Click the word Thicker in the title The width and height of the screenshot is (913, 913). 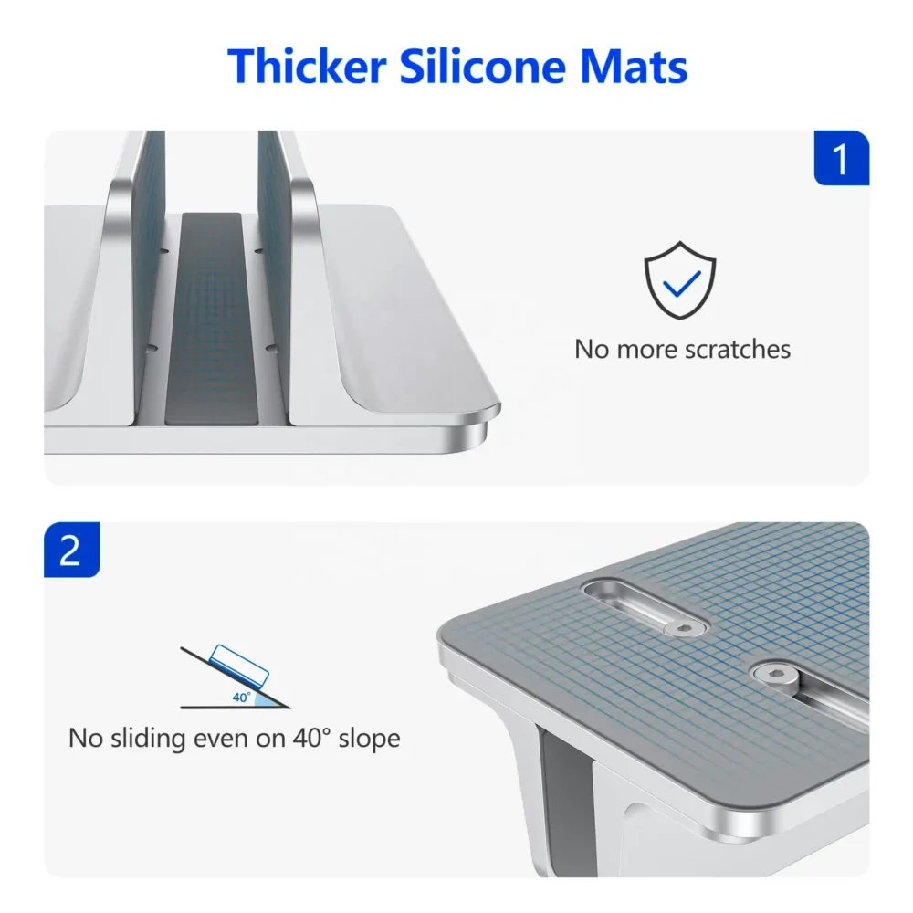click(x=307, y=66)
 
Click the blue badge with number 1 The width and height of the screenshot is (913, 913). click(x=842, y=158)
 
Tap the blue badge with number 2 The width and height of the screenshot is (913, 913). click(x=71, y=550)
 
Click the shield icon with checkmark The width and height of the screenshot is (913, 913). click(x=680, y=279)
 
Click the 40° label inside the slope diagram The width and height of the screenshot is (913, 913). click(x=242, y=697)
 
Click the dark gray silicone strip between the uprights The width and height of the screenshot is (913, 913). click(x=212, y=319)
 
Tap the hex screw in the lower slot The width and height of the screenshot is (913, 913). click(x=774, y=676)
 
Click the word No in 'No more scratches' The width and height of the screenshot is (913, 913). click(x=593, y=350)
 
